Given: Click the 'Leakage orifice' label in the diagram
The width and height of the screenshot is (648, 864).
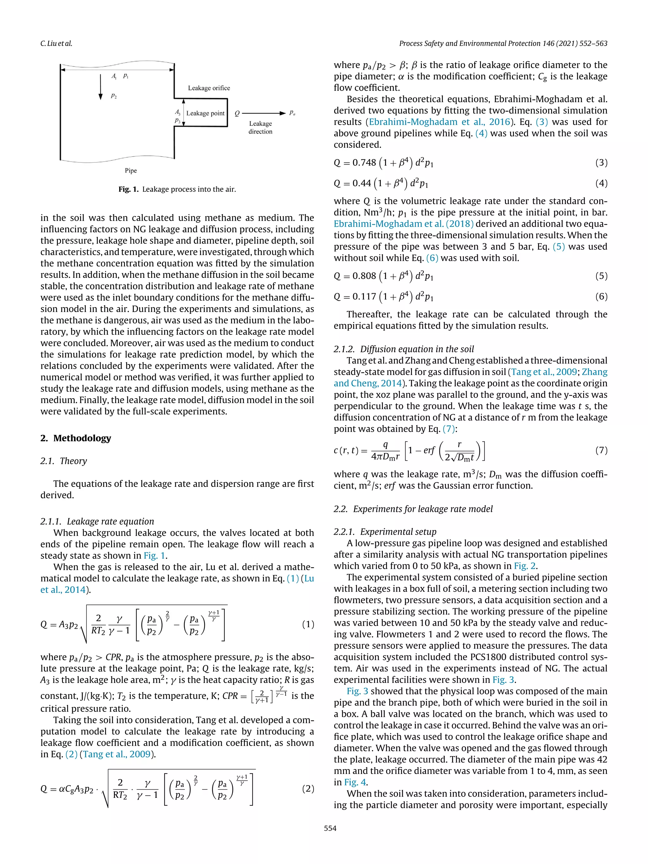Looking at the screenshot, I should (209, 88).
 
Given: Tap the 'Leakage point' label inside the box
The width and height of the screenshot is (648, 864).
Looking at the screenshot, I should (205, 113).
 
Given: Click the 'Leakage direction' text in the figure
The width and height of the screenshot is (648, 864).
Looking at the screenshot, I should (260, 127).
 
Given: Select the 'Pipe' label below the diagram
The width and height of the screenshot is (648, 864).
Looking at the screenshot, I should (131, 171).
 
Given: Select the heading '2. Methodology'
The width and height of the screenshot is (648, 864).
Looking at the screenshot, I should (76, 438).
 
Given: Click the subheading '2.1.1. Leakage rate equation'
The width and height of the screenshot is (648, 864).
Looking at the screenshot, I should (97, 521).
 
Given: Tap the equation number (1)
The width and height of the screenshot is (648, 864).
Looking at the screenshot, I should (308, 624).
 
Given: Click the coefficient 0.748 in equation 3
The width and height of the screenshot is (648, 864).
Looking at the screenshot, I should (364, 163).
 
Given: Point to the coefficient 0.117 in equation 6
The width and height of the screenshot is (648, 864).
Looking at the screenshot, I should (364, 296).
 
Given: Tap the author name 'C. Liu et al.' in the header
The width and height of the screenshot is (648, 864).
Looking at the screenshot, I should (56, 43).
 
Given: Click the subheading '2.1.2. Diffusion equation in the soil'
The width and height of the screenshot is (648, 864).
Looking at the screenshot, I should (404, 349).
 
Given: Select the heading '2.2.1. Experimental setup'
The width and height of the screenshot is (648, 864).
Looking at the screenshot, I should (385, 531).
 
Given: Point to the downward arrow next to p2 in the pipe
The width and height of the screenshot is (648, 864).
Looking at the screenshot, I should (101, 86).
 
